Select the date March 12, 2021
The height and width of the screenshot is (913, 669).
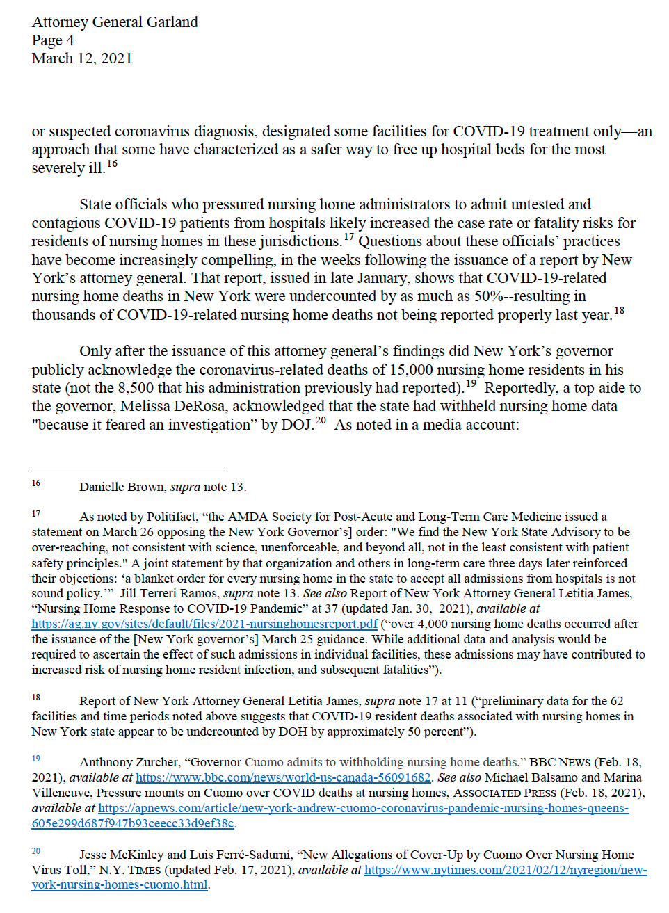[x=82, y=58]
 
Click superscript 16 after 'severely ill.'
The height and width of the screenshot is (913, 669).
[x=112, y=164]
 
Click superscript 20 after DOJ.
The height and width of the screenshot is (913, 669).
[x=321, y=420]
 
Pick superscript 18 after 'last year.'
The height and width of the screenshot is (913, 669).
[x=619, y=310]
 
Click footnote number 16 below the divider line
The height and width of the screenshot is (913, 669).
[x=35, y=483]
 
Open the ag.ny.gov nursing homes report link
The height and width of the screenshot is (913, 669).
[x=204, y=624]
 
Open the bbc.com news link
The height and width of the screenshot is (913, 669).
[x=283, y=777]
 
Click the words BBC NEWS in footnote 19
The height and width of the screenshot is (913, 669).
[x=560, y=762]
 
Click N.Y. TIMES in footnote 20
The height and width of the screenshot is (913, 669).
[x=130, y=870]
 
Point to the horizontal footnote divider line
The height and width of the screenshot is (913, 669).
[x=127, y=471]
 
